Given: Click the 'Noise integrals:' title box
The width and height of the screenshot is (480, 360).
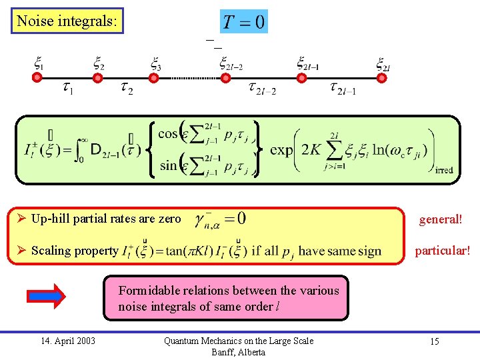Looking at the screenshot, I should tap(68, 21).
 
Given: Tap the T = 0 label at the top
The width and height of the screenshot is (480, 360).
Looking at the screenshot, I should tap(244, 22).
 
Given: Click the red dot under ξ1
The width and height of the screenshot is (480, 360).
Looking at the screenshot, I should tap(37, 78).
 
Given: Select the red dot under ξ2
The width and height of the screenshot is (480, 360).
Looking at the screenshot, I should tap(97, 78).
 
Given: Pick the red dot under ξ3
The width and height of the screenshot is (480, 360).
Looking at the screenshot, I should tap(154, 78).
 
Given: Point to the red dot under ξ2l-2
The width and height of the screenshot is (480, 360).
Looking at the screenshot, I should tap(226, 78).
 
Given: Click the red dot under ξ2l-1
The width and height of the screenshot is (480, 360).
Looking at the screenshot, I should tap(302, 78).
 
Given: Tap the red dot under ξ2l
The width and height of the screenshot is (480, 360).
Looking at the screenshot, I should tap(383, 78).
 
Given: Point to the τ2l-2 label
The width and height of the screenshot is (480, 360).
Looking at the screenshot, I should tap(261, 88).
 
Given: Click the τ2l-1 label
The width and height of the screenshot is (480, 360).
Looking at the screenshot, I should tap(343, 88).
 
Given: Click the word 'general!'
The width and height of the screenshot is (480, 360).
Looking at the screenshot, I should tap(440, 219).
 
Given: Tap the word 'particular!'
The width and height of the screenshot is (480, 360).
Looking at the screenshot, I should tap(442, 251).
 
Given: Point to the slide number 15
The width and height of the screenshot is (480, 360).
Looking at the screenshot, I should tap(434, 341).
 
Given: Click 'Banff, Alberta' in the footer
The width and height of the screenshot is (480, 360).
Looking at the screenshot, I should tap(238, 352).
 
